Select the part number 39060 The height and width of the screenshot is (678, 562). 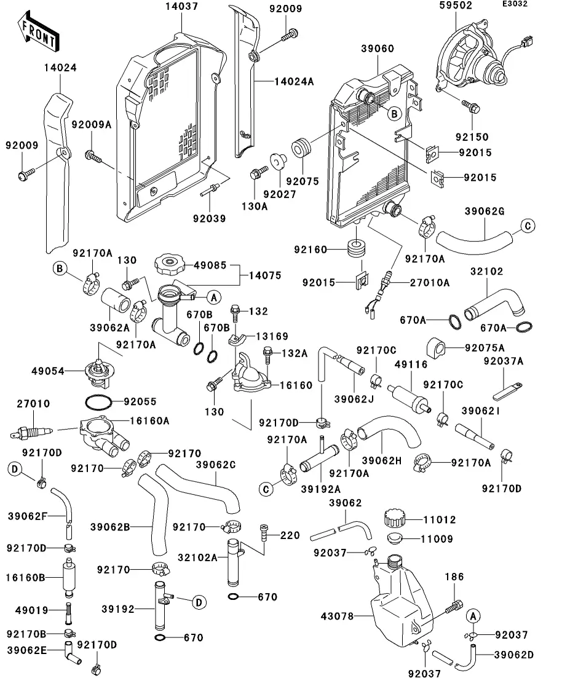click(x=376, y=49)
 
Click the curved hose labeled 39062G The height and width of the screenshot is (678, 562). click(x=473, y=235)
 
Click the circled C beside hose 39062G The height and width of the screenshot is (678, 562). click(x=527, y=226)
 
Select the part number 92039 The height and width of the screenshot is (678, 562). click(x=209, y=218)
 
